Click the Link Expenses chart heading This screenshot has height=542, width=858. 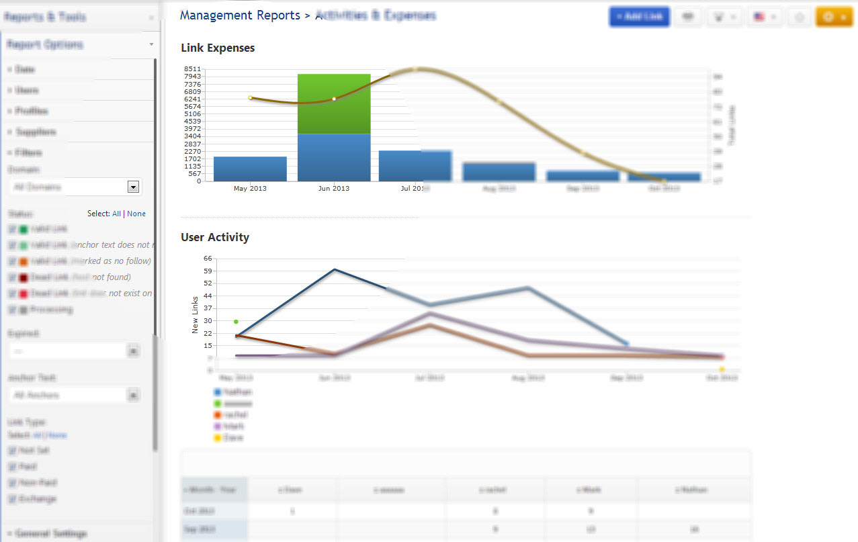[218, 48]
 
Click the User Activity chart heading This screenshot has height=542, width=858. [215, 237]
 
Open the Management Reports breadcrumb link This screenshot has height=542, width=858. [240, 15]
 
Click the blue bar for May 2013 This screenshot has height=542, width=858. [250, 169]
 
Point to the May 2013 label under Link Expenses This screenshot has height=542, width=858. [250, 189]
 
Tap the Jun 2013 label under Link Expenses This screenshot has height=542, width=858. [334, 189]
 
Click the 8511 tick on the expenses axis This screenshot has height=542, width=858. [192, 69]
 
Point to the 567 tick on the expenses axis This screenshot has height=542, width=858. [194, 173]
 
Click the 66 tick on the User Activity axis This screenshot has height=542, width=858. [208, 258]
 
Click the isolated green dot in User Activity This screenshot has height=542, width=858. [236, 322]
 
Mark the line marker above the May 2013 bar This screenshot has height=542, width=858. [251, 98]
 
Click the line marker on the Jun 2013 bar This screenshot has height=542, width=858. [334, 99]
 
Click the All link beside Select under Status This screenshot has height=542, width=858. [116, 214]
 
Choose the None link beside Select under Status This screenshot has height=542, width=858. [136, 214]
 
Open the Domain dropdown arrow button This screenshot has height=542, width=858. [133, 187]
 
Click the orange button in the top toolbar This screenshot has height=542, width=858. [833, 17]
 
